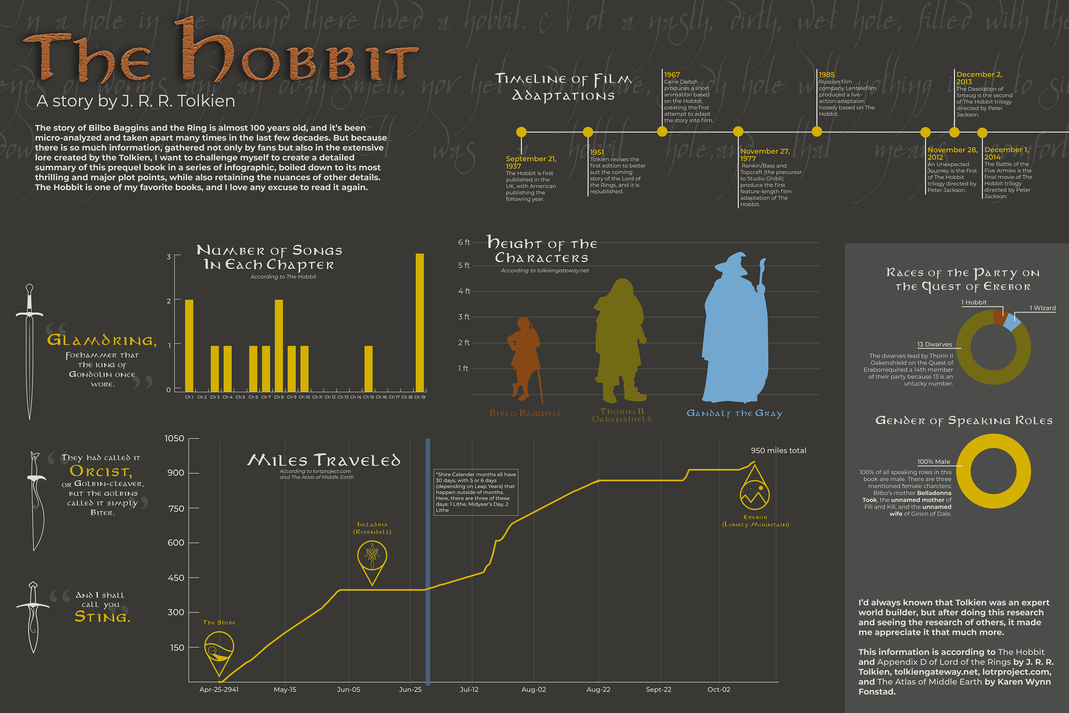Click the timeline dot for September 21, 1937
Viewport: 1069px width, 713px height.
pos(521,132)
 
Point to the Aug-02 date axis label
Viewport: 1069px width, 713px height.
pos(534,689)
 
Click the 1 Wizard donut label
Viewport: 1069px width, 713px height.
pos(1042,308)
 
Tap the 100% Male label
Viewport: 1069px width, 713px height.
pos(933,462)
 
